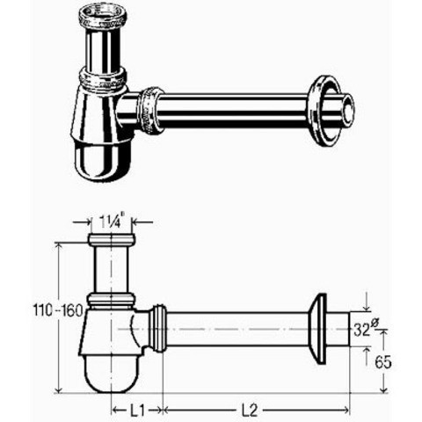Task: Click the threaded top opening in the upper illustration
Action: [x=101, y=15]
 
